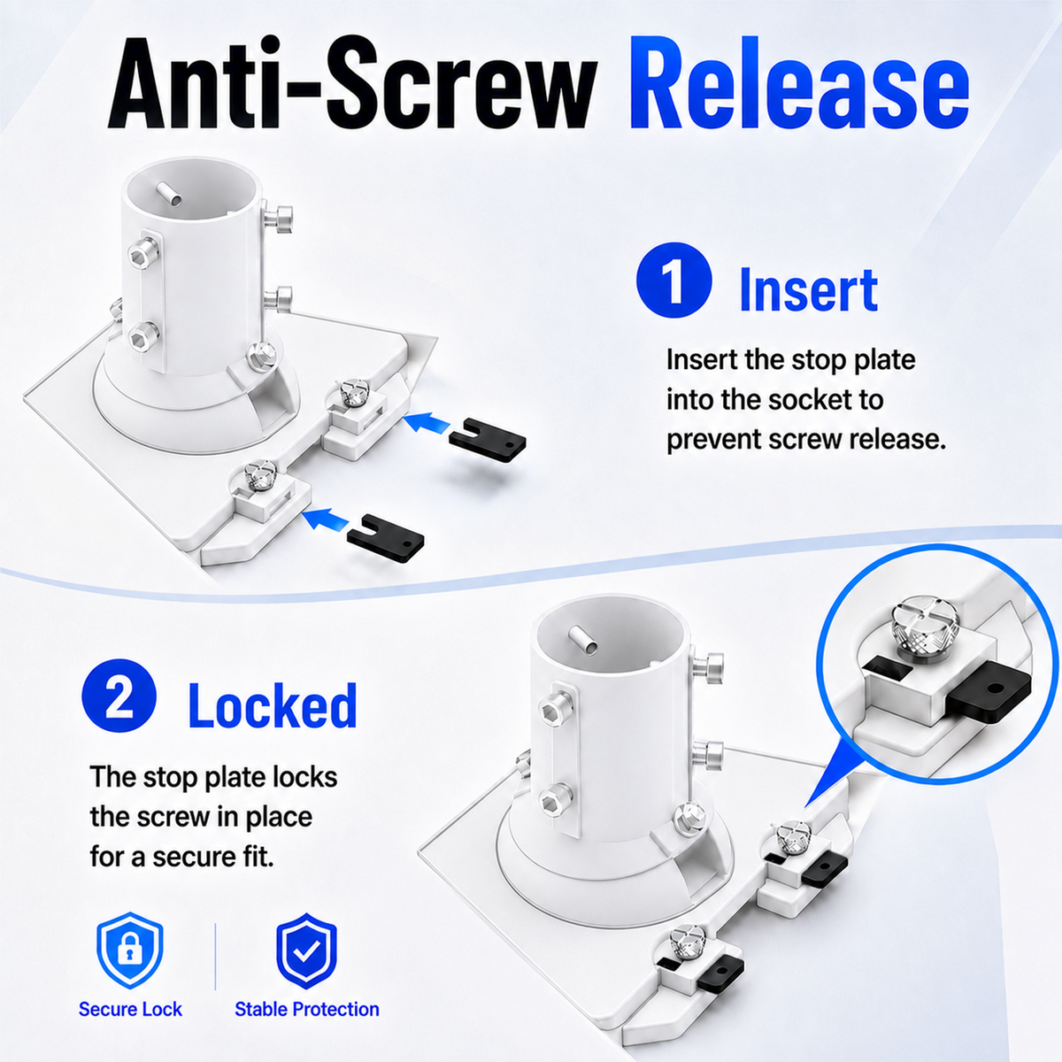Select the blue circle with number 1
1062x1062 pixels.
point(673,280)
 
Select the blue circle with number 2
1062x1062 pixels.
point(119,696)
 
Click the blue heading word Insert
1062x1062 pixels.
point(808,289)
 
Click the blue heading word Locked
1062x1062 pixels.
point(273,705)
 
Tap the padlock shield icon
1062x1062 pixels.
point(130,950)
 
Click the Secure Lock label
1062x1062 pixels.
point(130,1009)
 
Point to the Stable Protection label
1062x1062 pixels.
point(307,1009)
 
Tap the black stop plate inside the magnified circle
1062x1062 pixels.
point(988,692)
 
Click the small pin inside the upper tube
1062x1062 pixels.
point(169,194)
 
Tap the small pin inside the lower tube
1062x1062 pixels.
point(582,639)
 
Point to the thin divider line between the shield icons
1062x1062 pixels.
point(215,957)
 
